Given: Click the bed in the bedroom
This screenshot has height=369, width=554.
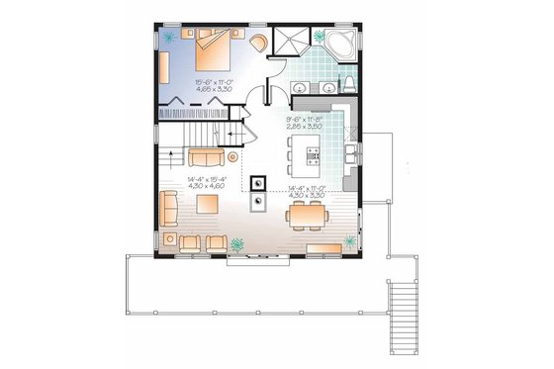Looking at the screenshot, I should click(x=214, y=41).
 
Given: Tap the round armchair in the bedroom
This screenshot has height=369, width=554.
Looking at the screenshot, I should click(x=258, y=43).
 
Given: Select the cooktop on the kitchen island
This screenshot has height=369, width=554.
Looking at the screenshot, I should click(x=313, y=153).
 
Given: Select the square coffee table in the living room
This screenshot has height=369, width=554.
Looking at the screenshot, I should click(x=207, y=204).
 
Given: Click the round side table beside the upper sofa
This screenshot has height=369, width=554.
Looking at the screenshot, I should click(x=232, y=155).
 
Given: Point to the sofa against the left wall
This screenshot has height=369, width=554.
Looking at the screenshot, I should click(x=169, y=209).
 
